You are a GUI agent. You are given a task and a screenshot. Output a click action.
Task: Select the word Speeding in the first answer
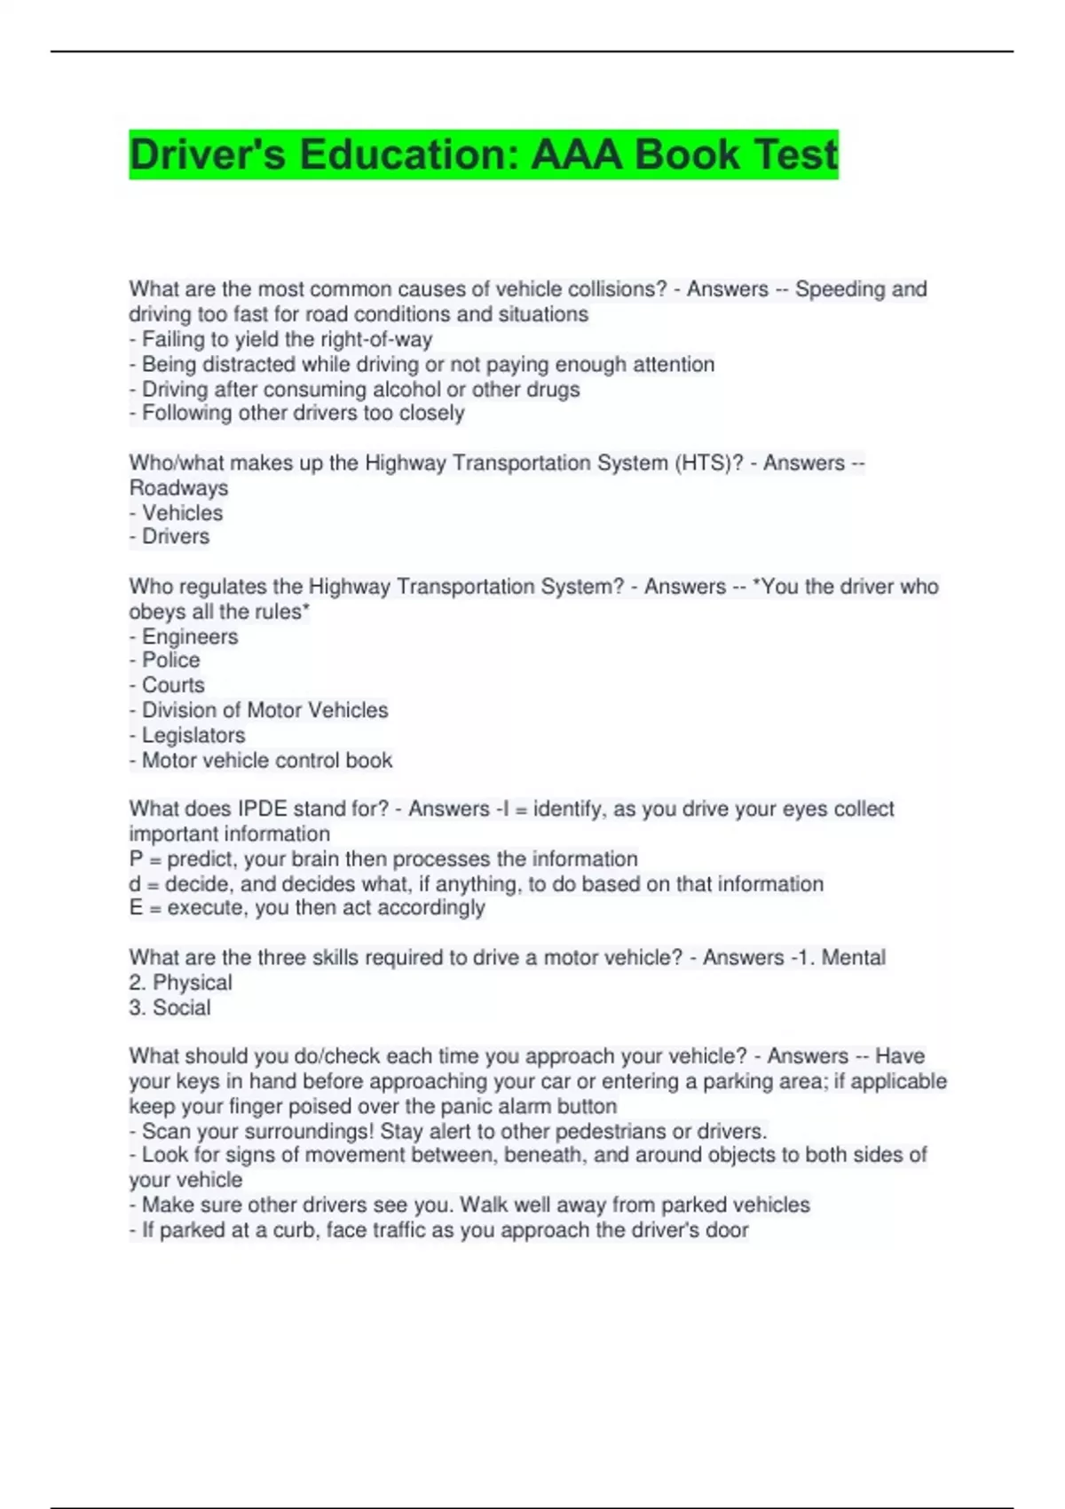click(840, 289)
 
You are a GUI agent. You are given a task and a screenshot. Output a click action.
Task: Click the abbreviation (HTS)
click(708, 462)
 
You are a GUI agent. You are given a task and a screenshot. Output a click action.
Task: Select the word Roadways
click(178, 487)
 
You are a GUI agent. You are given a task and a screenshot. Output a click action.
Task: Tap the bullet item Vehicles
click(182, 512)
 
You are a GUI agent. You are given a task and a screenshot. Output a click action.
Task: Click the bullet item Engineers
click(190, 636)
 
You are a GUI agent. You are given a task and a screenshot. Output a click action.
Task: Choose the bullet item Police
click(170, 660)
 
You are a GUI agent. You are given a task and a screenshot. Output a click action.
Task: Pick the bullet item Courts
click(173, 684)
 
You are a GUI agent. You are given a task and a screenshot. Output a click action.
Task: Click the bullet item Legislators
click(193, 735)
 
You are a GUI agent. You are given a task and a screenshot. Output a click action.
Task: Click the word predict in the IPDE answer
click(201, 858)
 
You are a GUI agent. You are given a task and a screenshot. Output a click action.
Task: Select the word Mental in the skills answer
click(853, 957)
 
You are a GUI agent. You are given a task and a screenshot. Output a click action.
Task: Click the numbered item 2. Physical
click(180, 982)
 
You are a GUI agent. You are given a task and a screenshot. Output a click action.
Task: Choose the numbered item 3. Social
click(170, 1007)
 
